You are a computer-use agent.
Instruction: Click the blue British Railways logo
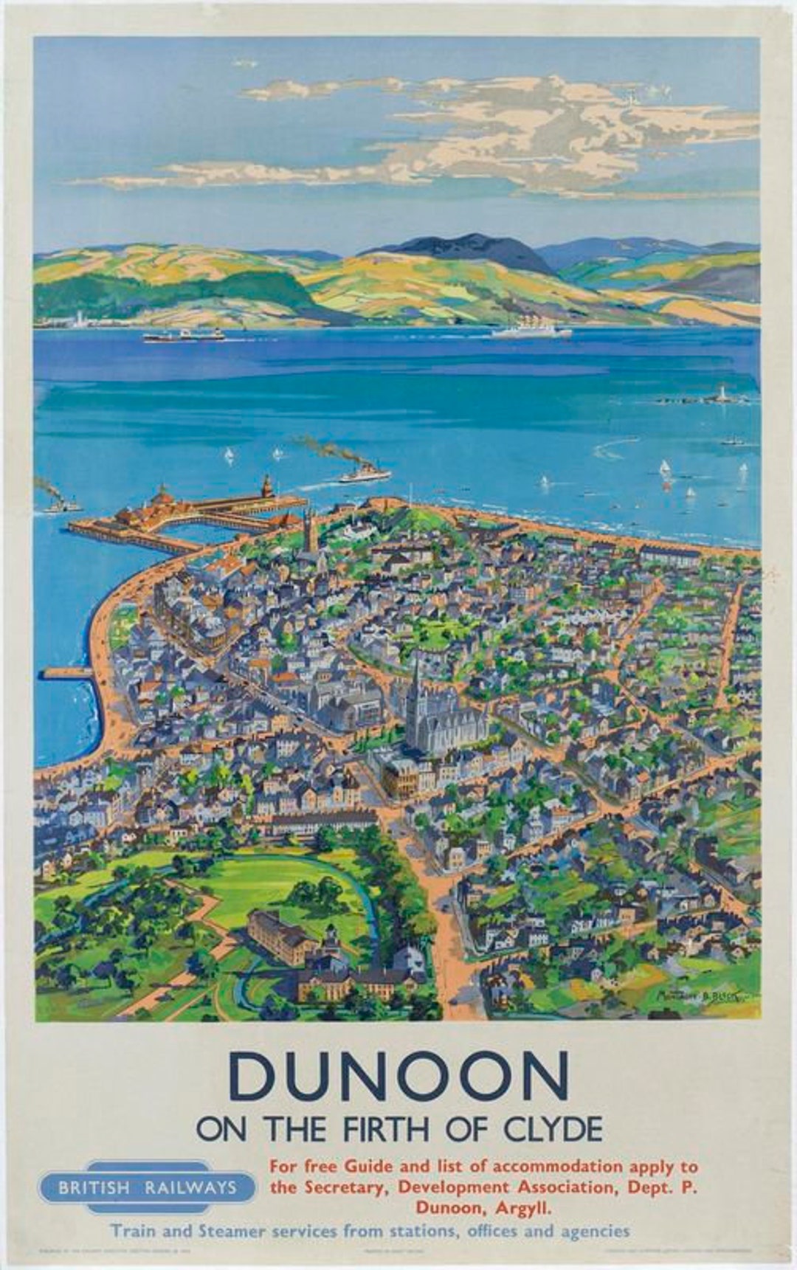coord(148,1187)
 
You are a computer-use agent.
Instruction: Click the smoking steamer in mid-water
coord(365,473)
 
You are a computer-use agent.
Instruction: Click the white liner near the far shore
coord(531,330)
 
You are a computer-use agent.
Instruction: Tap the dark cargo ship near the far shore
coord(183,336)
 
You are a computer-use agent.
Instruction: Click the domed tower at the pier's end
coord(267,487)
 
